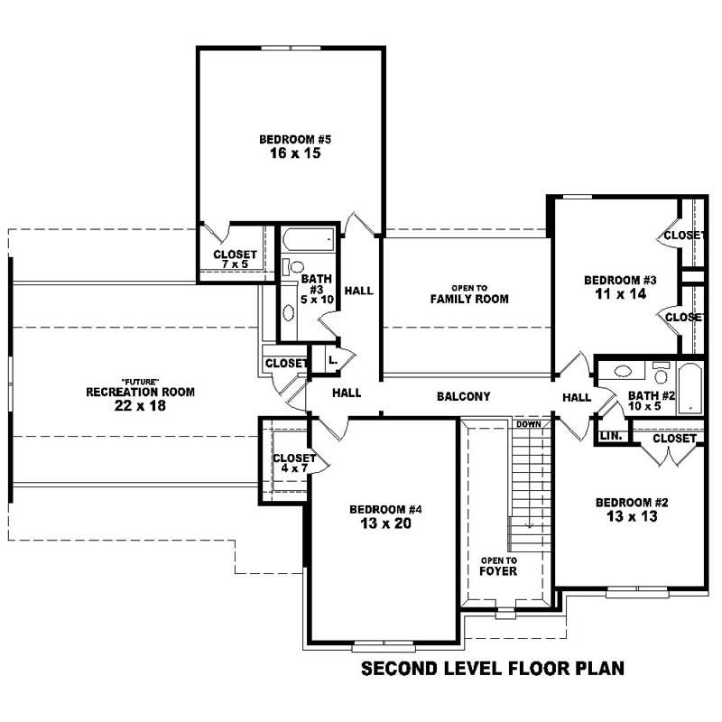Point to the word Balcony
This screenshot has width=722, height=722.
[463, 396]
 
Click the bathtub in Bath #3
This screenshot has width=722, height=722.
[308, 241]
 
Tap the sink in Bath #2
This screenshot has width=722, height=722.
[622, 371]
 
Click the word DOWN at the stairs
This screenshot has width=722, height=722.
[529, 423]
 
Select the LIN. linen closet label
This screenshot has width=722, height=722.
[610, 438]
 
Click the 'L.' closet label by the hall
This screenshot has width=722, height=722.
[333, 359]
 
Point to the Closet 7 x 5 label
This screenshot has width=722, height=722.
[236, 260]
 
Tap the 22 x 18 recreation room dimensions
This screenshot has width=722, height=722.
[140, 406]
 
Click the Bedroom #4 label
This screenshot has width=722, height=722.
[385, 509]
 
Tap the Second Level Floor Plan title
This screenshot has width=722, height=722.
[493, 670]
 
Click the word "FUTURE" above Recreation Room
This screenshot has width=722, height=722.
[140, 381]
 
